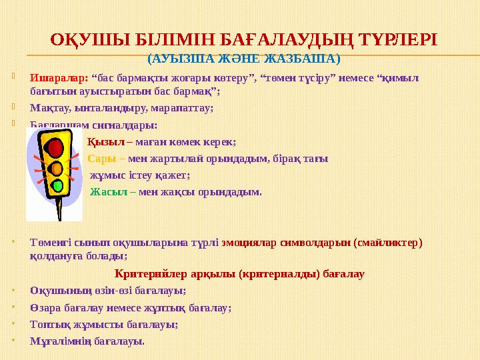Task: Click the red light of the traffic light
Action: pyautogui.click(x=56, y=147)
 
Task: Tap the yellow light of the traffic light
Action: pyautogui.click(x=57, y=167)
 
